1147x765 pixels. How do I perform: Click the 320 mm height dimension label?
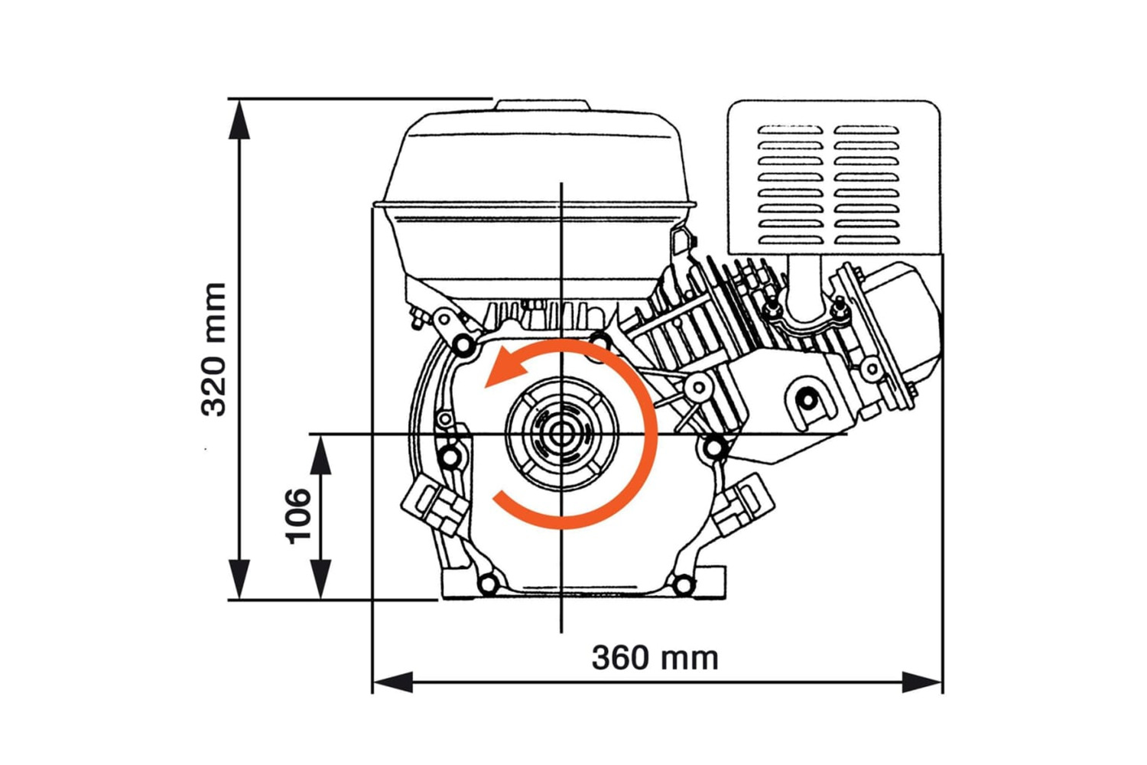[214, 349]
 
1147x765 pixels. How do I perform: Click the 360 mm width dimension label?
[655, 658]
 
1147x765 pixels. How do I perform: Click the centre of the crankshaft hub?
[561, 435]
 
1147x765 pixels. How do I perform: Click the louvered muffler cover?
[833, 177]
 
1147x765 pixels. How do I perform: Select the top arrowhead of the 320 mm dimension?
[240, 119]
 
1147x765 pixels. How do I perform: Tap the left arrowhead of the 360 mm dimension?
[392, 682]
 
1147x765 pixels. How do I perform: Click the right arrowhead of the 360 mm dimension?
[922, 682]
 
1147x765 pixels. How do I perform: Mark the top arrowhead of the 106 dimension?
[321, 456]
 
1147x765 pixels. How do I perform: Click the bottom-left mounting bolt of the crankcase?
[487, 585]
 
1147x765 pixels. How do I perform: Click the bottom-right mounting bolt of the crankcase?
[682, 585]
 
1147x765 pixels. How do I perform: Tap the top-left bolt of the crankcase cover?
[463, 346]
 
